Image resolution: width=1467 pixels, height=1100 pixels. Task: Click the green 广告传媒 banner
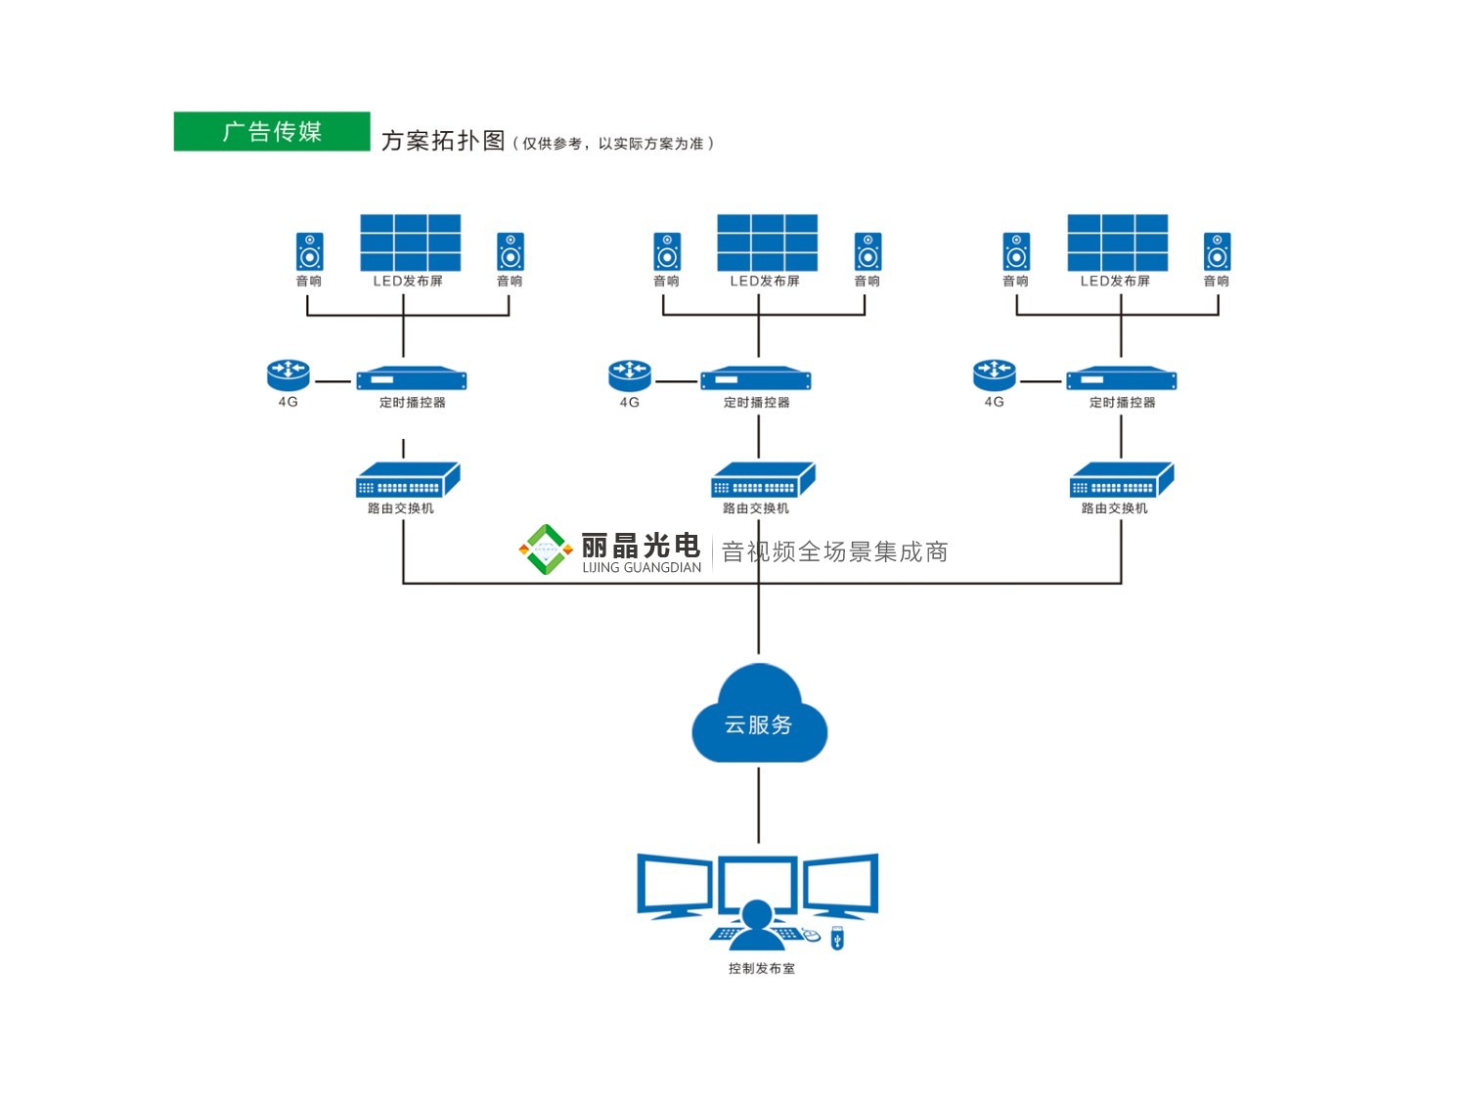tap(272, 131)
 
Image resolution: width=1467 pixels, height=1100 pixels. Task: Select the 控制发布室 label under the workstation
tap(761, 968)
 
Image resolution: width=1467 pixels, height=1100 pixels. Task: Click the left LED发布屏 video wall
tap(410, 242)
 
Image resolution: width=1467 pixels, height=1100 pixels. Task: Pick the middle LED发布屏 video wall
tap(767, 242)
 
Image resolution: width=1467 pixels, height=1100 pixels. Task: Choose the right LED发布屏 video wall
tap(1117, 242)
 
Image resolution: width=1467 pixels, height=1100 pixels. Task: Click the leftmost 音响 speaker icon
tap(309, 251)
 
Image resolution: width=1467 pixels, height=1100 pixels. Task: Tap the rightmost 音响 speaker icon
tap(1217, 251)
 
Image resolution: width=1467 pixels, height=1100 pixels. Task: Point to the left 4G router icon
tap(289, 374)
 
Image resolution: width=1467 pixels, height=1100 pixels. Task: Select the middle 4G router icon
tap(630, 374)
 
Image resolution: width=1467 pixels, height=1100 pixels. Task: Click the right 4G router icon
tap(995, 374)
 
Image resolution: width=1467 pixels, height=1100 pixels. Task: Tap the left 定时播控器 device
tap(411, 379)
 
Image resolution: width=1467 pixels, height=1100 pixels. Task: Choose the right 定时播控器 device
tap(1121, 379)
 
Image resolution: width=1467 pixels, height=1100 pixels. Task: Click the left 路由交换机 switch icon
tap(407, 480)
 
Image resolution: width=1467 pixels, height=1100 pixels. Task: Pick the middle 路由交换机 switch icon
tap(763, 480)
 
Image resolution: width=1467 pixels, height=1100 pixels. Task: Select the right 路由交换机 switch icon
tap(1122, 480)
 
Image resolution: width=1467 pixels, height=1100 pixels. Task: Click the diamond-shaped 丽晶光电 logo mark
tap(546, 550)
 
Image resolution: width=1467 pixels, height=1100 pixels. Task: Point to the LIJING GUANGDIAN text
tap(642, 567)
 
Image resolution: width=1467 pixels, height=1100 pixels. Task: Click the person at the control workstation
tap(755, 925)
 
